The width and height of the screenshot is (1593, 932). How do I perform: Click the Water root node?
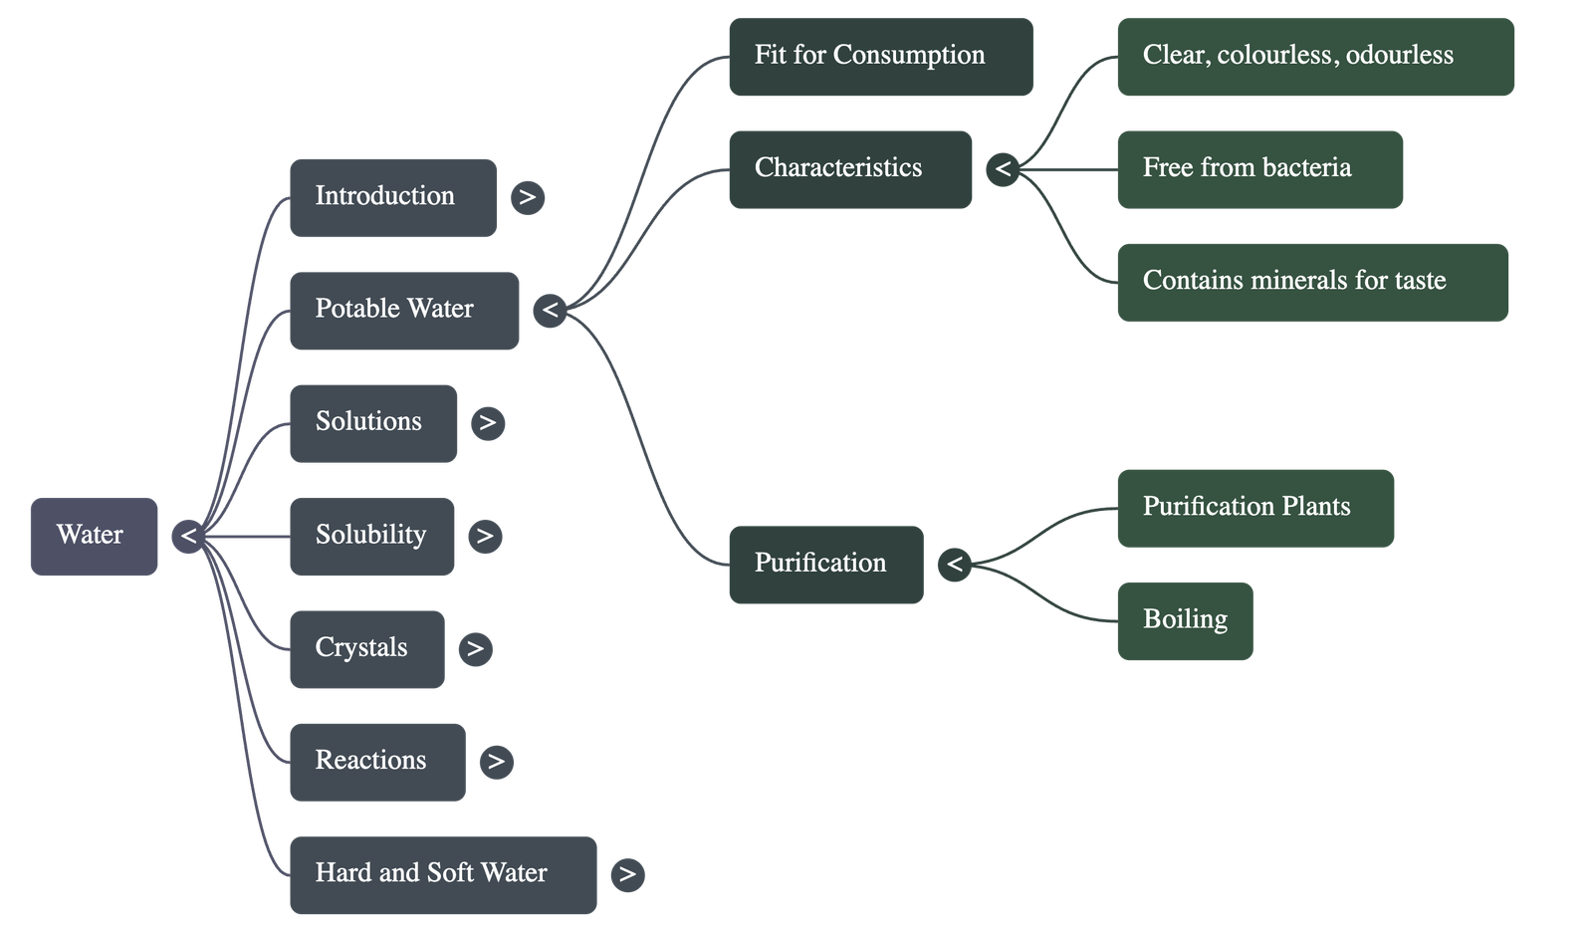tap(94, 536)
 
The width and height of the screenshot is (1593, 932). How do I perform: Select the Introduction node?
tap(392, 197)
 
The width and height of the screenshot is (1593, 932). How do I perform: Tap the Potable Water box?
tap(403, 310)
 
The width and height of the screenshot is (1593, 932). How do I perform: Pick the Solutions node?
tap(373, 423)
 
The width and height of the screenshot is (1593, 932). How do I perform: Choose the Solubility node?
tap(371, 536)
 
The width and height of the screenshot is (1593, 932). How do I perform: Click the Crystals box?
tap(366, 648)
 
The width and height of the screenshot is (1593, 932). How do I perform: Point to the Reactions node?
tap(376, 761)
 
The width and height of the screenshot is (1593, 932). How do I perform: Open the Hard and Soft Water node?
tap(443, 874)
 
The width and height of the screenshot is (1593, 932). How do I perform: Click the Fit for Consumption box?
tap(880, 57)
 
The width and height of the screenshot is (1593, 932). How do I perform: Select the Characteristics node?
tap(850, 169)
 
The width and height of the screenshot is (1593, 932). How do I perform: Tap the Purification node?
tap(825, 564)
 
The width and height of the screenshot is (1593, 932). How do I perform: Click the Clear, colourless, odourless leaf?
tap(1315, 57)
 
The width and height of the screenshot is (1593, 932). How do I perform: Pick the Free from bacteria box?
tap(1259, 169)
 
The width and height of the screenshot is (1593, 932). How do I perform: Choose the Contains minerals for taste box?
tap(1312, 282)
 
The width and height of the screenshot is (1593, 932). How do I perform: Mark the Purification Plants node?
tap(1255, 508)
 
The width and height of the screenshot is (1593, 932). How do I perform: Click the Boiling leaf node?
tap(1185, 620)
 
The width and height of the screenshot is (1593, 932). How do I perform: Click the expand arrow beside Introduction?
tap(528, 197)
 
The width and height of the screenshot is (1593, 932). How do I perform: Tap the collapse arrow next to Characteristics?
tap(1003, 169)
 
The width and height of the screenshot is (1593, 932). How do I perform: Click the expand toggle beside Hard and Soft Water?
tap(627, 874)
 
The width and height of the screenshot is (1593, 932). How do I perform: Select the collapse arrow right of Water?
tap(188, 537)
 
